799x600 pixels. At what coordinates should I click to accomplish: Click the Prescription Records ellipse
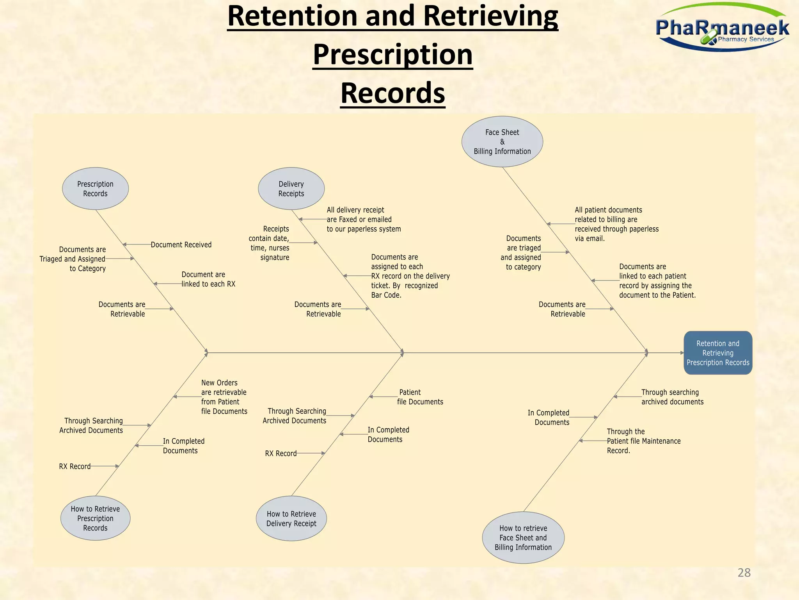95,189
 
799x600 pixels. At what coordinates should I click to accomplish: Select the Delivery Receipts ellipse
291,189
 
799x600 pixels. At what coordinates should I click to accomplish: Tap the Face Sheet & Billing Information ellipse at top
502,142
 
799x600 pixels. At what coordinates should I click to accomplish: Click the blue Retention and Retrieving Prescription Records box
718,353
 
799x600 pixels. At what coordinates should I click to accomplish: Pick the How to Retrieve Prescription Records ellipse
95,518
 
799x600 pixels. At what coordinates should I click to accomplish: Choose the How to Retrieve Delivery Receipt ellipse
291,519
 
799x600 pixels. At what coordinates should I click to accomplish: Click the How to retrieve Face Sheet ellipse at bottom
523,537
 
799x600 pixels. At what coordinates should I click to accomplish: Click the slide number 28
744,573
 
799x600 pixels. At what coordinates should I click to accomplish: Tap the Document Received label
181,245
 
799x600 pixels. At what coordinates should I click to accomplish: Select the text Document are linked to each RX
208,279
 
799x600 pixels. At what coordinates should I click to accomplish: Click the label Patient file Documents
420,397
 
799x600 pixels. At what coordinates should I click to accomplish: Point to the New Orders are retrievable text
224,397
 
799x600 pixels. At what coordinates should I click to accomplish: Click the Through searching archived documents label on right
672,397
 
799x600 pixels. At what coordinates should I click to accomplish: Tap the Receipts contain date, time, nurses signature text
269,243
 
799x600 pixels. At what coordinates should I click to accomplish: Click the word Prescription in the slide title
392,54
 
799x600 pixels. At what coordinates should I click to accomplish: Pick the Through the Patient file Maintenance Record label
643,441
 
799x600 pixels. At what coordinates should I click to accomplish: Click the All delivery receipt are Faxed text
363,220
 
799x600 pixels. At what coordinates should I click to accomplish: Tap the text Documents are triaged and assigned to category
521,253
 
